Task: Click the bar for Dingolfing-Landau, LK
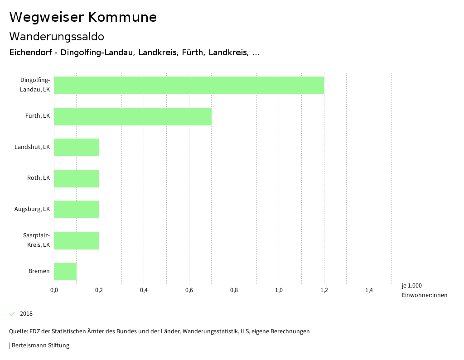coord(189,85)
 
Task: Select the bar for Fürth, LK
coord(133,116)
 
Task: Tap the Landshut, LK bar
coord(76,147)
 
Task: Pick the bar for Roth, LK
coord(76,178)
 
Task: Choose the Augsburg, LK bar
coord(76,209)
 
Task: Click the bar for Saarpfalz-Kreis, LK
coord(76,240)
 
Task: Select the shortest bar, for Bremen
coord(65,271)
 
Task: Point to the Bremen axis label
coord(39,271)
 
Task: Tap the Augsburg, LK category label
coord(32,209)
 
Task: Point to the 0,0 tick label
coord(54,290)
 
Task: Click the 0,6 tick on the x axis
coord(189,290)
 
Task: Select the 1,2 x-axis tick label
coord(324,290)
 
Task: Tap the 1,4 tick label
coord(369,290)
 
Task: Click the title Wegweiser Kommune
coord(83,17)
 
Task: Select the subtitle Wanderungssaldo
coord(57,36)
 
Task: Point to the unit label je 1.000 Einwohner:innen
coord(424,290)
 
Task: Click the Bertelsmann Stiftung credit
coord(40,346)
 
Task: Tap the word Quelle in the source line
coord(18,331)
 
